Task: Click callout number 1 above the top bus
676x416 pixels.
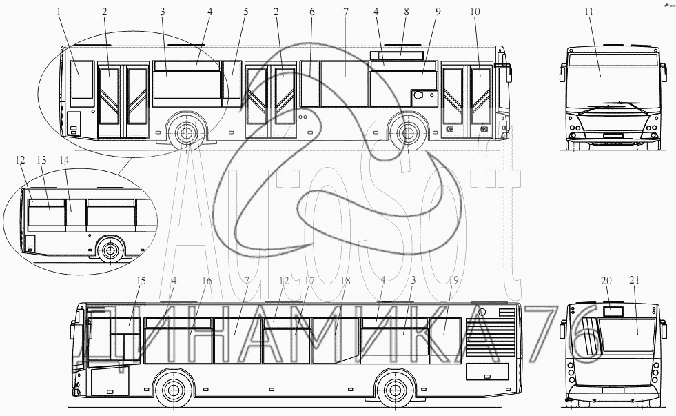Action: point(59,12)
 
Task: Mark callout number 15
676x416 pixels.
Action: point(141,280)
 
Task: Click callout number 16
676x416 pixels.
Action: point(206,280)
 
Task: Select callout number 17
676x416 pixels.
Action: point(309,280)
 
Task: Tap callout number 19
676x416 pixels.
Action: point(453,280)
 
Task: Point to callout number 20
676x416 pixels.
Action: point(606,280)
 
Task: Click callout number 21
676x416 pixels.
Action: point(635,280)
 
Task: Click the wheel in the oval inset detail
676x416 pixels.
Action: point(107,251)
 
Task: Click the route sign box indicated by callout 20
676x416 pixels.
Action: point(613,311)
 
